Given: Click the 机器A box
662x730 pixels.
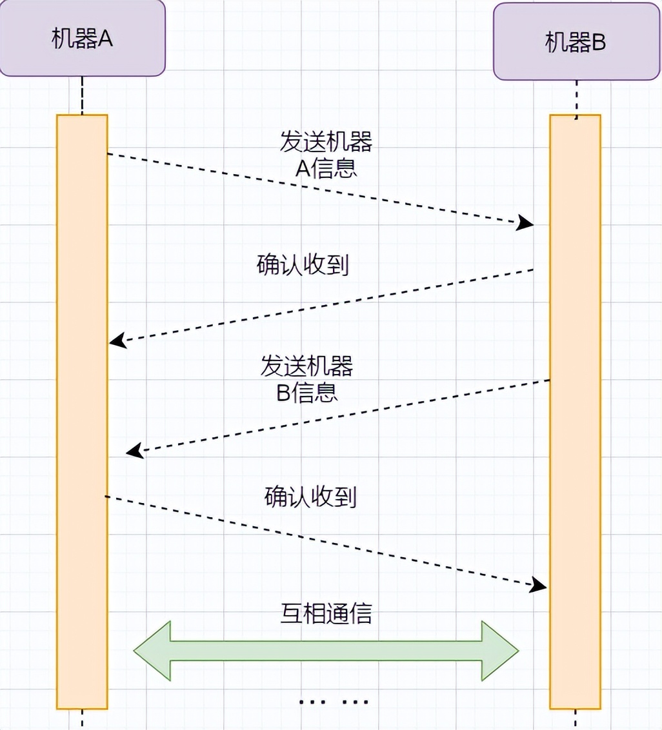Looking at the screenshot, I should pos(82,39).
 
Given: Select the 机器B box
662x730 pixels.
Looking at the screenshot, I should pos(576,43).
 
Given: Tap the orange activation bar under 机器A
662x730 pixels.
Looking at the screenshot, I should pos(82,413).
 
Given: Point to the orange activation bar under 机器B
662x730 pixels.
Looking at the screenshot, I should pos(575,413).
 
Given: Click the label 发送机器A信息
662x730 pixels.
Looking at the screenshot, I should pos(326,155).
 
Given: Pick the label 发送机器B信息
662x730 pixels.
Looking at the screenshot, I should pos(307,379).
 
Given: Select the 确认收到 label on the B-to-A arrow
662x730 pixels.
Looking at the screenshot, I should pos(303,265).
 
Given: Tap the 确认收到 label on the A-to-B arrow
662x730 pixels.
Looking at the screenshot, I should pos(310,497).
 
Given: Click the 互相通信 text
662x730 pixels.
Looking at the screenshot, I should pos(326,613).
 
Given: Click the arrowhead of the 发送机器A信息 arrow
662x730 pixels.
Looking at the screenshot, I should pos(526,223).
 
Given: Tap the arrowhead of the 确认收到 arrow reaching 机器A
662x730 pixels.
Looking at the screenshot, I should pos(117,341).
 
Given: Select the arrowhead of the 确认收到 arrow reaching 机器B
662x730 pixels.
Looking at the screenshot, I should pos(539,586).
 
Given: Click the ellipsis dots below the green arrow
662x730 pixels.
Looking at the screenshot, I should pos(334,702).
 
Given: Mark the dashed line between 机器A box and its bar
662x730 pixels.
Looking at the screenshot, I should pos(82,95).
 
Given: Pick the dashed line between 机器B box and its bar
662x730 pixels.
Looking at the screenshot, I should pos(576,99).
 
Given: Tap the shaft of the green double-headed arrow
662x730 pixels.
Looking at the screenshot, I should pos(326,651).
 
